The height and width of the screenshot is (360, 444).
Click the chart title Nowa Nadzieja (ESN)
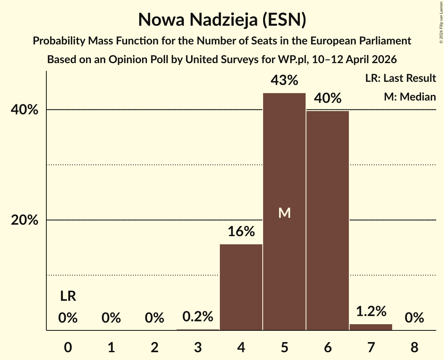click(x=222, y=20)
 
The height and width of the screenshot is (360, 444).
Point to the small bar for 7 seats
click(x=371, y=327)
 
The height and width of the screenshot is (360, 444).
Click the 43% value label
click(x=284, y=80)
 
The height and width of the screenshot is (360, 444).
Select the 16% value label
click(x=241, y=231)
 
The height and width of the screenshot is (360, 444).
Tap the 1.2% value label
click(x=371, y=311)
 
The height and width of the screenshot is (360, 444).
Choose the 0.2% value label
click(x=198, y=316)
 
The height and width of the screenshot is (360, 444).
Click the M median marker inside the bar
click(x=284, y=213)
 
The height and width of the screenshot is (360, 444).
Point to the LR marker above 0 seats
click(x=68, y=296)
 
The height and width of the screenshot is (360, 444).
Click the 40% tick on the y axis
click(x=25, y=110)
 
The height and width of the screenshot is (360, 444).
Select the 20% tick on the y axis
click(x=25, y=221)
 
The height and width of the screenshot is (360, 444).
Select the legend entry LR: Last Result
click(x=400, y=78)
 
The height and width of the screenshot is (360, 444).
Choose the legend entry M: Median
click(x=409, y=97)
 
